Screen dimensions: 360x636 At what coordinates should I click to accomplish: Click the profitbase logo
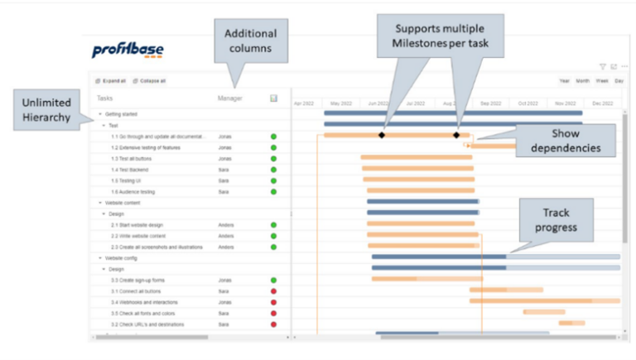(128, 51)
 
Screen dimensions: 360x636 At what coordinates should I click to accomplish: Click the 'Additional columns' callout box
(250, 43)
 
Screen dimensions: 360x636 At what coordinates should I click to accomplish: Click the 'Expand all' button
(110, 81)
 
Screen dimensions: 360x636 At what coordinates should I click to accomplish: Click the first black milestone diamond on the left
(382, 135)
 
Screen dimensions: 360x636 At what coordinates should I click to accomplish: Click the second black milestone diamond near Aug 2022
(456, 135)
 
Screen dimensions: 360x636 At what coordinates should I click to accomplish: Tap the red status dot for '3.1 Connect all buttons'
(273, 291)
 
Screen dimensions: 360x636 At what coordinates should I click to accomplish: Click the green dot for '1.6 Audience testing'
(273, 191)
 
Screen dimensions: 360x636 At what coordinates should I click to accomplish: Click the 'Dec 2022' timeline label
(603, 103)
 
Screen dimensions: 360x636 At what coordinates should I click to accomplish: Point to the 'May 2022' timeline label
(341, 103)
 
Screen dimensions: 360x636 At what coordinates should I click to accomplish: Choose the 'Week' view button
(602, 81)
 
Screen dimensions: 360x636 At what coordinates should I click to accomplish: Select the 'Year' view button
(564, 81)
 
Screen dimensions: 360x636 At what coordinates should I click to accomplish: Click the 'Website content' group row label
(123, 202)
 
